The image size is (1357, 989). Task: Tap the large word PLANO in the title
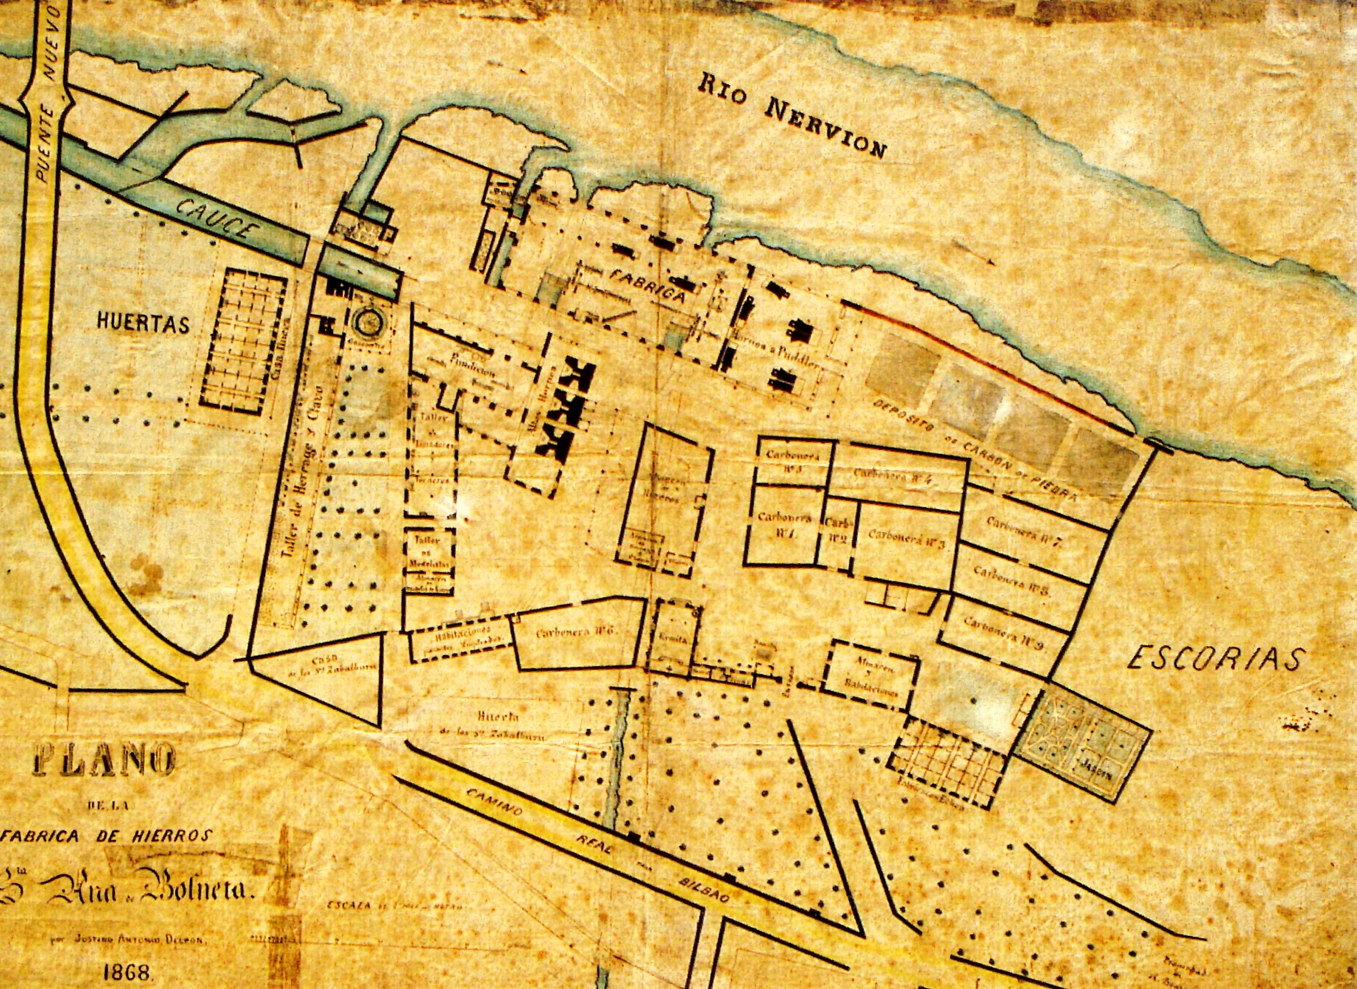click(x=104, y=760)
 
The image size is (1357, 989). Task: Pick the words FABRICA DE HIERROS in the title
click(x=108, y=836)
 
